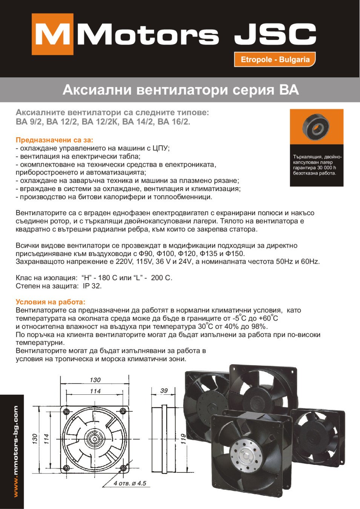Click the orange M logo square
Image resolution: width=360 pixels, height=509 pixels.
(52, 34)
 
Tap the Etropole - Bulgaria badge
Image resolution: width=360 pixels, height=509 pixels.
(275, 60)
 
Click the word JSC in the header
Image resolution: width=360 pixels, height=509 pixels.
(275, 34)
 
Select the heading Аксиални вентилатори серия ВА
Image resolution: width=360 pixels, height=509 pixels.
(181, 90)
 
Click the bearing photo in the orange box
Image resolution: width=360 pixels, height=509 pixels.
(316, 127)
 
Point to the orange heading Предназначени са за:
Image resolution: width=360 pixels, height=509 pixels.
(54, 140)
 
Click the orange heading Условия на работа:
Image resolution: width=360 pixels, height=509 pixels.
(51, 302)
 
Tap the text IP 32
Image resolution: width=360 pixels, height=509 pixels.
(92, 286)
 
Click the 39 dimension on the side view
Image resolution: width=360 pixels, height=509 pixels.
(164, 391)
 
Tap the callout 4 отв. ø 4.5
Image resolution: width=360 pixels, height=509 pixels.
(130, 483)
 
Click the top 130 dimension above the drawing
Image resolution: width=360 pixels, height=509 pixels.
(95, 380)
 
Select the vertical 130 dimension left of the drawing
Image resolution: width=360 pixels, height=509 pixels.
(35, 438)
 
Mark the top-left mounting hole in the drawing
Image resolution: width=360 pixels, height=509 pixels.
(66, 411)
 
